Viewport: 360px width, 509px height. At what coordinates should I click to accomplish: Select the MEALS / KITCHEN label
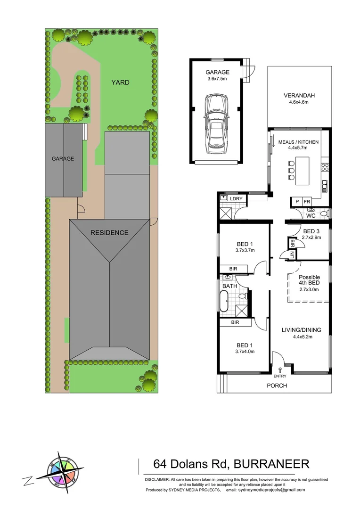point(299,142)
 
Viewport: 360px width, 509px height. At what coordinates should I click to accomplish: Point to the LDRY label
point(236,199)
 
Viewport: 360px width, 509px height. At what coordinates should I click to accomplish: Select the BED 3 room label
point(311,231)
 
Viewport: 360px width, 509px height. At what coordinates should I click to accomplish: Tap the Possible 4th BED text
point(309,280)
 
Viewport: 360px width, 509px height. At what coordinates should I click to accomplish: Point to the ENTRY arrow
point(279,370)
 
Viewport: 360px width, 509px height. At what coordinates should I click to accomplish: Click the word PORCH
point(277,386)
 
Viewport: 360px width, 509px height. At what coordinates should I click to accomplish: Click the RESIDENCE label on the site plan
point(109,232)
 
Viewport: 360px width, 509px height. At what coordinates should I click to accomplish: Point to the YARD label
point(120,82)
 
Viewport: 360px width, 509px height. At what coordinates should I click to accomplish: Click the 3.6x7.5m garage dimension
point(217,79)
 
